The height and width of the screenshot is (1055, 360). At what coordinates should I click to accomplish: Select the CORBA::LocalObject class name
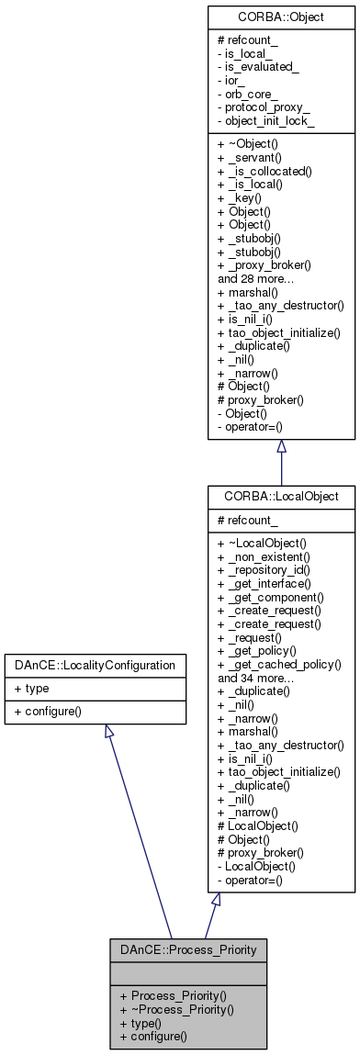[281, 496]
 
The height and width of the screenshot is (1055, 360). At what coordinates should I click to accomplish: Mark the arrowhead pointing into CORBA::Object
[281, 447]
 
